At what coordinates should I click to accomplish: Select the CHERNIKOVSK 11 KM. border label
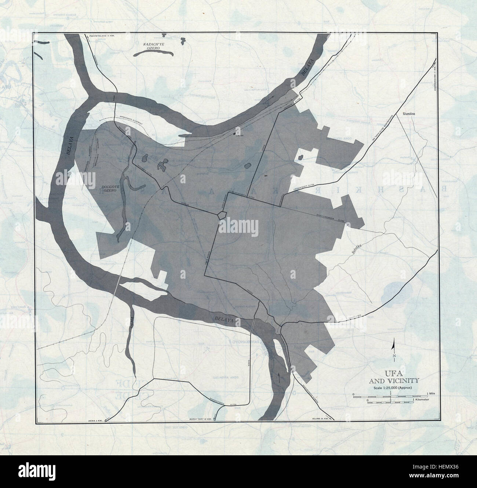[435, 79]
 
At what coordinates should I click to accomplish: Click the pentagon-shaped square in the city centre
[222, 215]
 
